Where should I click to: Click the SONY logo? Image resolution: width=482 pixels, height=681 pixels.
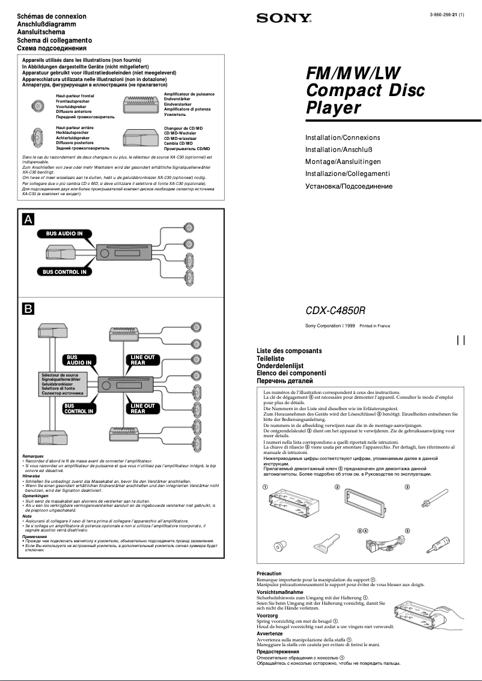click(284, 19)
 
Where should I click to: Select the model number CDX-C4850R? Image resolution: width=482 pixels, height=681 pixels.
click(335, 311)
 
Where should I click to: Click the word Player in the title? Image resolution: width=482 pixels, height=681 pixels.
click(334, 108)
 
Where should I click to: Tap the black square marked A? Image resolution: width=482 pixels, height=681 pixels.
click(28, 219)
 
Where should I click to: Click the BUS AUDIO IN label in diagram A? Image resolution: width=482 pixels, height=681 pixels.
click(62, 233)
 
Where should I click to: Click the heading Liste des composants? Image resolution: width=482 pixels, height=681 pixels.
click(289, 351)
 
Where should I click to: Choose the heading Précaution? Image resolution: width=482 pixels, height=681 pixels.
click(269, 574)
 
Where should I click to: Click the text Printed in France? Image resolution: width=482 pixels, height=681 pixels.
click(374, 326)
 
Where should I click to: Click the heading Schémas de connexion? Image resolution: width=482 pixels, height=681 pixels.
click(52, 16)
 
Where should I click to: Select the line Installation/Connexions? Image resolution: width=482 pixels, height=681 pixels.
click(343, 138)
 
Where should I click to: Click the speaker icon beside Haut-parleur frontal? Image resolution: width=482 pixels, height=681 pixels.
click(38, 106)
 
